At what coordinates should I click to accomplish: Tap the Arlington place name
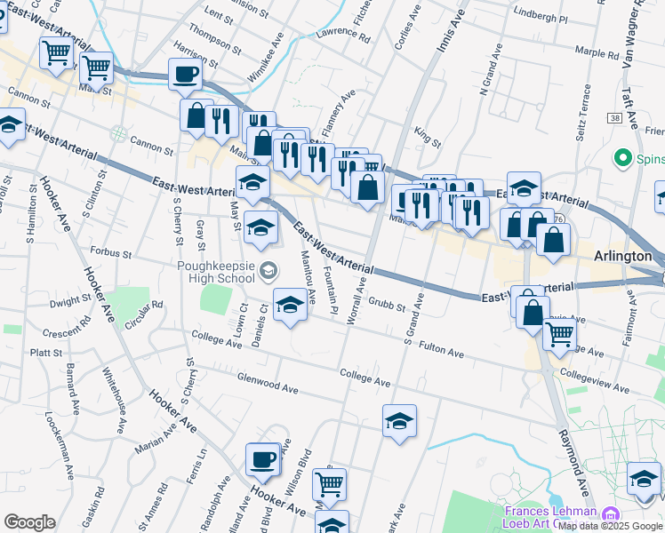(623, 256)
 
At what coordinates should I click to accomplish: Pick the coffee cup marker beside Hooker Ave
(262, 460)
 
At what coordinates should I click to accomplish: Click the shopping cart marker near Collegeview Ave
(559, 334)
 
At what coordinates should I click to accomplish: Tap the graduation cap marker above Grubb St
(290, 306)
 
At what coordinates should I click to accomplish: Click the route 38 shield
(615, 117)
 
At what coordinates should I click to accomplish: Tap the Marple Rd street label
(596, 52)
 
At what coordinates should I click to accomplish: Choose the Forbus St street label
(110, 253)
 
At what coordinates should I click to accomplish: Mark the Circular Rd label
(145, 314)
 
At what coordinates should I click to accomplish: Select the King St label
(428, 139)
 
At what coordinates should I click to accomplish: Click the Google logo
(29, 522)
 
